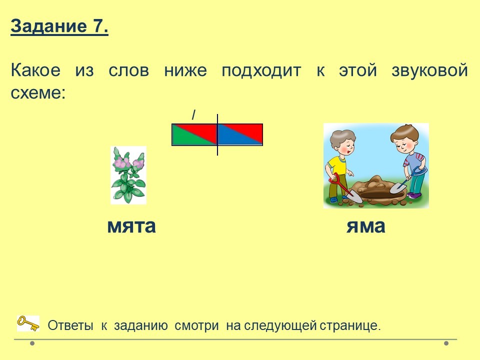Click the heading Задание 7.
[x=59, y=26]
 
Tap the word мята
[x=131, y=226]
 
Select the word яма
[x=366, y=226]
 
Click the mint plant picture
[x=128, y=175]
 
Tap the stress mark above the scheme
[x=193, y=115]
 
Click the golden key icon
[x=28, y=323]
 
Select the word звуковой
[x=429, y=70]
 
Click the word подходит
[x=261, y=71]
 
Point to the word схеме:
[x=38, y=92]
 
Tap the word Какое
[x=35, y=70]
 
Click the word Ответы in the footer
[x=70, y=325]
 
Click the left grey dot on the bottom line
[x=32, y=343]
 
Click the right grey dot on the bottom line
[x=446, y=343]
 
